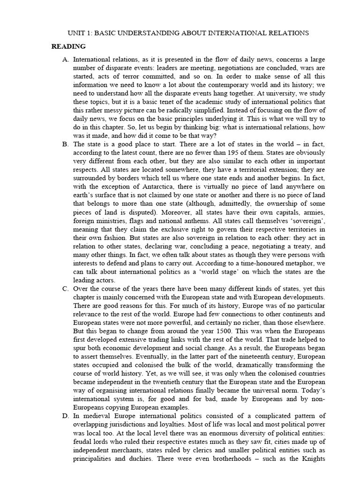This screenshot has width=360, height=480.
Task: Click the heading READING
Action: tap(68, 46)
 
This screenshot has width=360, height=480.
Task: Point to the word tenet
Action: tap(165, 102)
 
